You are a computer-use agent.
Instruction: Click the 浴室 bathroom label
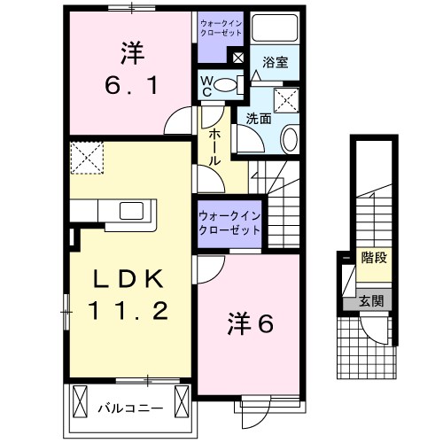point(274,63)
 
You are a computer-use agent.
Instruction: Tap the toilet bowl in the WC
point(227,85)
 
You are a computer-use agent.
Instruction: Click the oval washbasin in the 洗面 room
point(290,137)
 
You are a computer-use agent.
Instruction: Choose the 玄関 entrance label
point(371,301)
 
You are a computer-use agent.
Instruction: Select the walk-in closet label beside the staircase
point(229,221)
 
